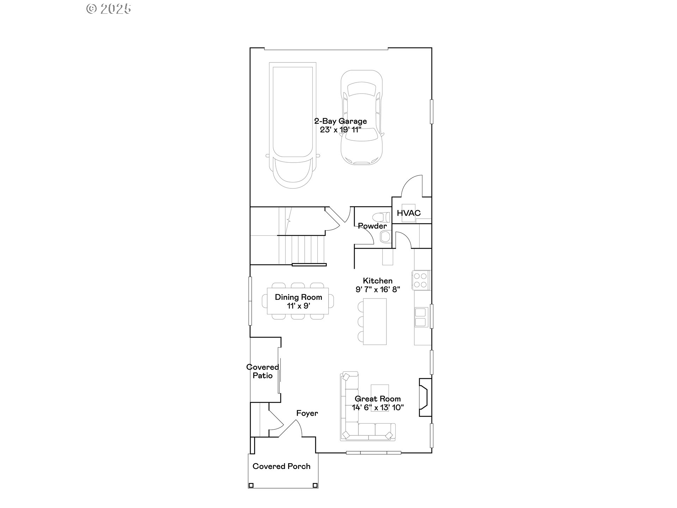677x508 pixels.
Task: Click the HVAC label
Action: click(409, 213)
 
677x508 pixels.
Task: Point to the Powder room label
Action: click(372, 226)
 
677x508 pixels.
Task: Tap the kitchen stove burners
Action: click(421, 280)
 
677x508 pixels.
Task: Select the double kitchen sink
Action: click(421, 317)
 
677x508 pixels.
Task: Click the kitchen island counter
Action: click(375, 321)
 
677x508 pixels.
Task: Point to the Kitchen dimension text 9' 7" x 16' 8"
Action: click(378, 290)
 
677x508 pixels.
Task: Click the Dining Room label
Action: click(298, 297)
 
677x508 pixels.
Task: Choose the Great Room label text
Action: click(378, 399)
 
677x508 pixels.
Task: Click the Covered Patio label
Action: click(263, 371)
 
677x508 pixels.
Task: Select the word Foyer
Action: click(307, 413)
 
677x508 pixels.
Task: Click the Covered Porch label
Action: click(281, 466)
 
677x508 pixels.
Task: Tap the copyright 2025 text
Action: click(109, 9)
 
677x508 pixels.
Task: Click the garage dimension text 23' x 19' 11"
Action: click(341, 130)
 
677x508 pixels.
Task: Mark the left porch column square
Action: click(251, 485)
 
